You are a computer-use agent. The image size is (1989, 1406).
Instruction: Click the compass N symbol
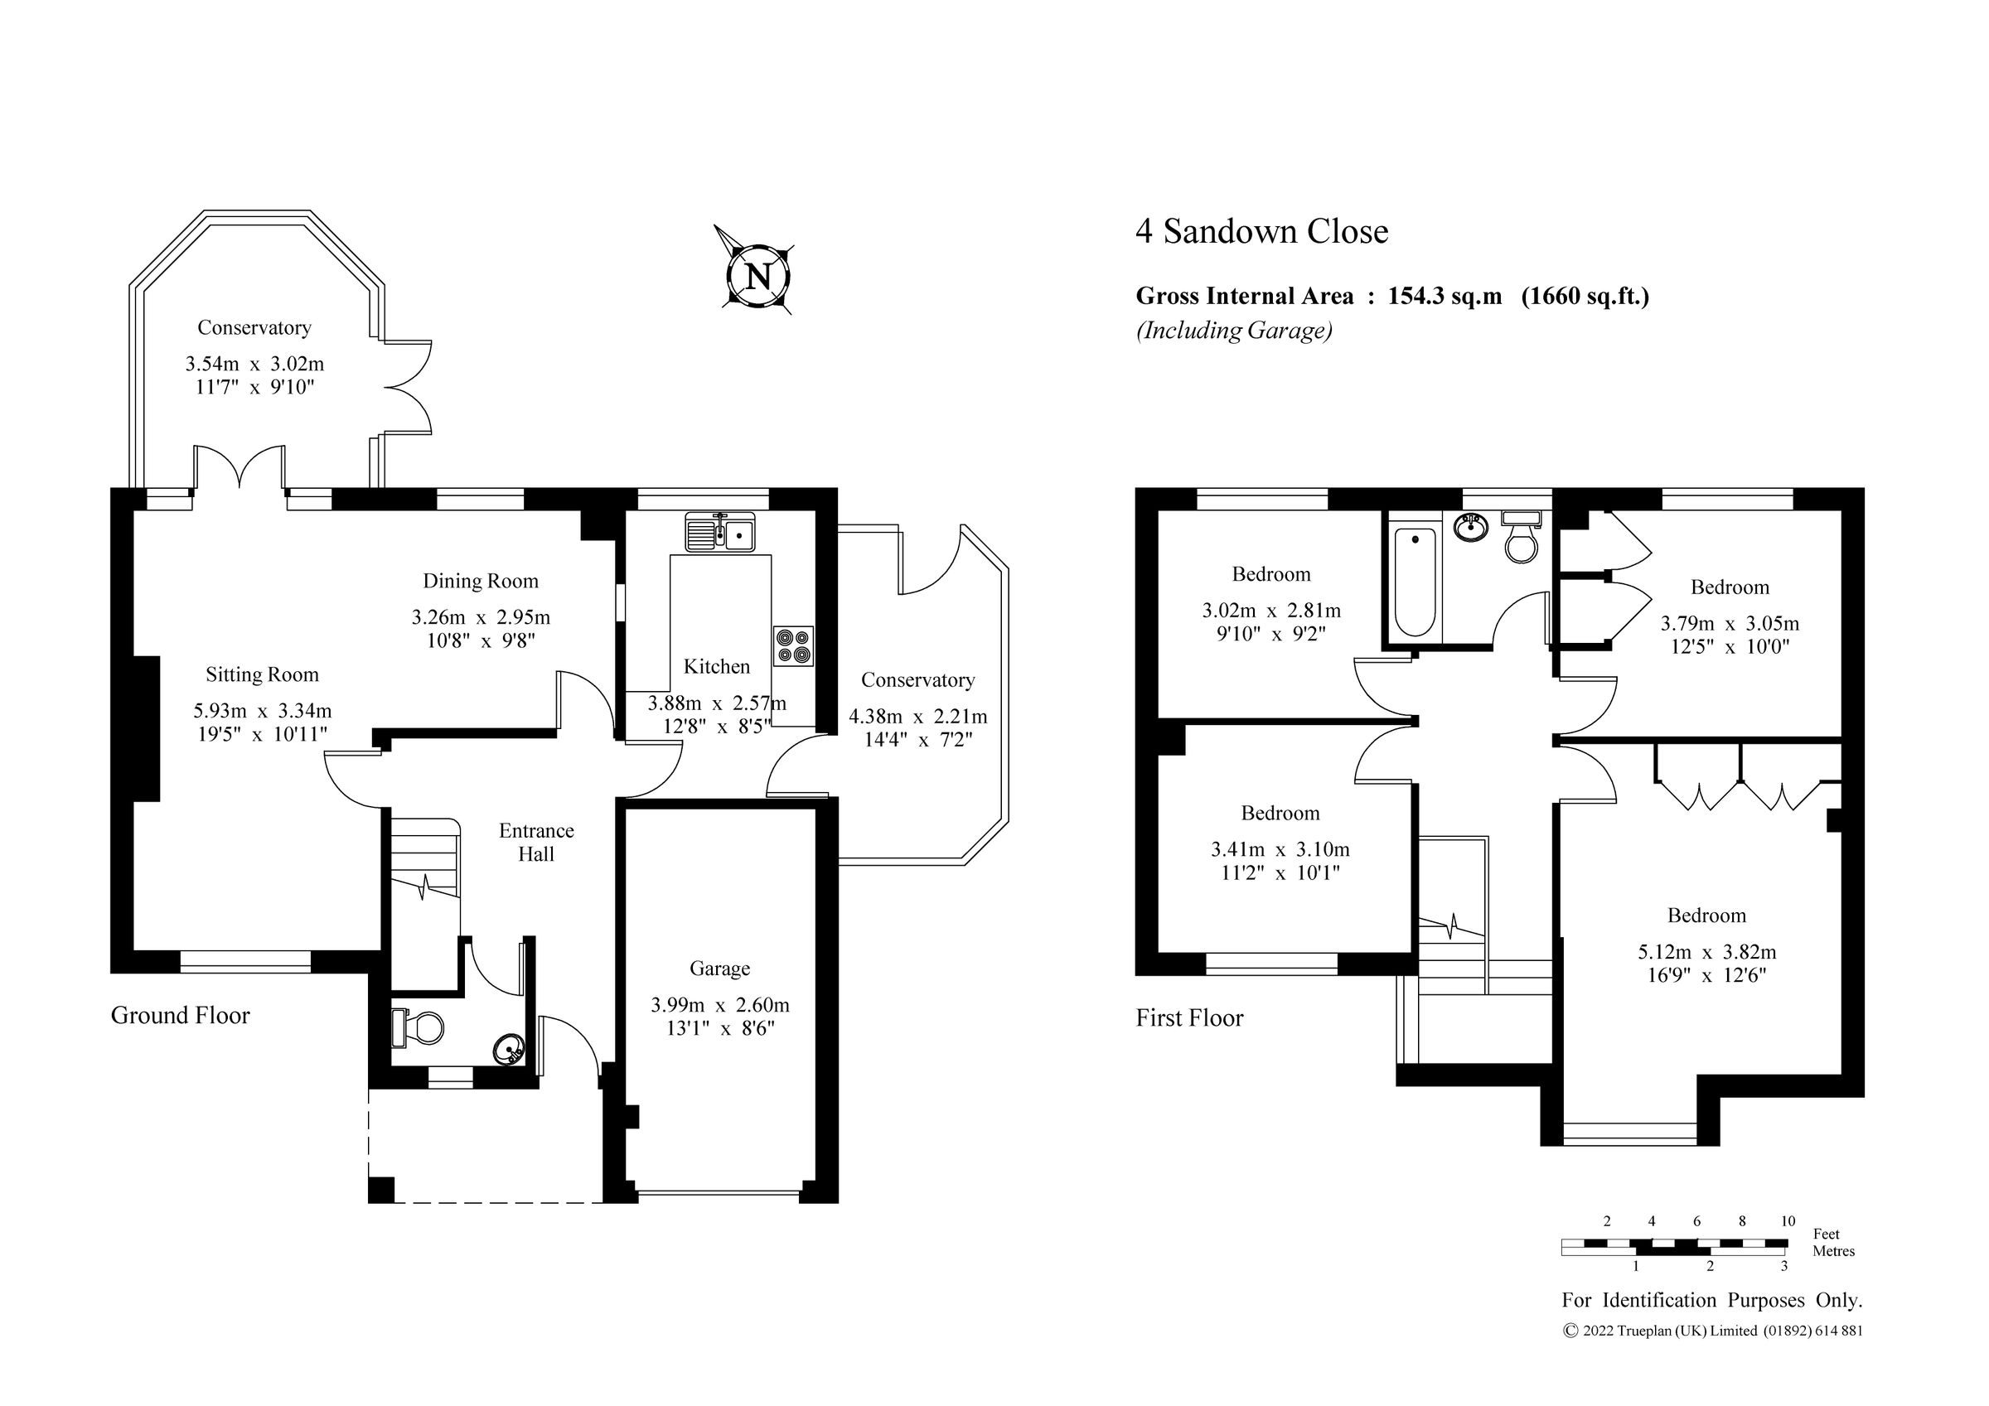(x=758, y=277)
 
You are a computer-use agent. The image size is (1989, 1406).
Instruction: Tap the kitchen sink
(x=720, y=532)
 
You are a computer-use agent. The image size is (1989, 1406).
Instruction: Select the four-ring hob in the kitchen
(x=792, y=645)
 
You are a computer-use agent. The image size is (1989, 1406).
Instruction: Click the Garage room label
(x=719, y=969)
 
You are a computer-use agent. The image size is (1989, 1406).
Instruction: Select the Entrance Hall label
(x=536, y=842)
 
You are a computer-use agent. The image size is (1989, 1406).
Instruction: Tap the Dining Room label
(x=480, y=582)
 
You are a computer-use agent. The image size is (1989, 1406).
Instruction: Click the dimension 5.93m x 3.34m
(x=263, y=711)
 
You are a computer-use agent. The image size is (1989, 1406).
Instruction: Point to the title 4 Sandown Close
(x=1261, y=231)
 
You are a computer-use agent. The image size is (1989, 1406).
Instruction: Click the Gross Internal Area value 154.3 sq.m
(x=1445, y=297)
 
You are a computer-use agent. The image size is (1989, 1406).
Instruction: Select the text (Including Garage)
(x=1234, y=330)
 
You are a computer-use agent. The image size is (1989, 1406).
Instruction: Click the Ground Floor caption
(x=180, y=1015)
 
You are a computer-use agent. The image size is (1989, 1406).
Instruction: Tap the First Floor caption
(x=1188, y=1018)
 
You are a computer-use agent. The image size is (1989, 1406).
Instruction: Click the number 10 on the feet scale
(x=1787, y=1221)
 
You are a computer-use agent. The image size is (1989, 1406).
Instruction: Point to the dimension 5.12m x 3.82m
(x=1706, y=952)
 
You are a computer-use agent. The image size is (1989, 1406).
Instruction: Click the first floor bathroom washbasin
(x=1469, y=526)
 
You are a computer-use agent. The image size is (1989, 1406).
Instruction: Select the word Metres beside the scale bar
(x=1833, y=1251)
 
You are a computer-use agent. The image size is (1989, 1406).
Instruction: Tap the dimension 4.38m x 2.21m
(x=917, y=717)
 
